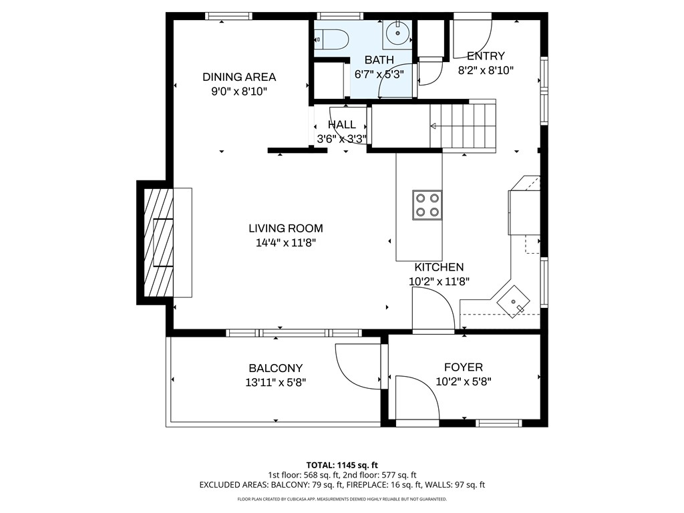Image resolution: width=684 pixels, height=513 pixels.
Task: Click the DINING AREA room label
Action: tap(239, 77)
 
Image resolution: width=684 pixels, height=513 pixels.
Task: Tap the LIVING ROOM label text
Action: tap(286, 228)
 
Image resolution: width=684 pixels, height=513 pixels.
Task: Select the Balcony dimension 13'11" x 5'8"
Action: tap(276, 383)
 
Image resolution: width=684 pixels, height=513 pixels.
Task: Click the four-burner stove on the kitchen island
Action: tap(427, 205)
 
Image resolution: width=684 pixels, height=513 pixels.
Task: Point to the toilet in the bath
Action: tap(331, 39)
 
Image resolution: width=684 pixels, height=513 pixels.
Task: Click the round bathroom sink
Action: tap(398, 33)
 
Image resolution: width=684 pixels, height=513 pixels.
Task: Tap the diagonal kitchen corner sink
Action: tap(514, 301)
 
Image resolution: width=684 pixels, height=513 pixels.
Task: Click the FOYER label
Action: tap(464, 367)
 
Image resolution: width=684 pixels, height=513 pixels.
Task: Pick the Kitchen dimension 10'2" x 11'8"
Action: tap(439, 282)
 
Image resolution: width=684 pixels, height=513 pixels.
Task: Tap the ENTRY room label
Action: tap(486, 56)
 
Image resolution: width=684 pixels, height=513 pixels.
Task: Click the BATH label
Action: tap(379, 59)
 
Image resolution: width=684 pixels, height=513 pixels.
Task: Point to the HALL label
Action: tap(341, 125)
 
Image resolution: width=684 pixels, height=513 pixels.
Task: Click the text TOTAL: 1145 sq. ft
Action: tap(342, 465)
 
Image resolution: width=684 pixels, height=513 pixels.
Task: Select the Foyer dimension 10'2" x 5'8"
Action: tap(464, 381)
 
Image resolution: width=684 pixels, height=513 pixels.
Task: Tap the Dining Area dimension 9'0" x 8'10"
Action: tap(239, 92)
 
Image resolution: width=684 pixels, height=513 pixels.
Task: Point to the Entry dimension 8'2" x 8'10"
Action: tap(486, 70)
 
